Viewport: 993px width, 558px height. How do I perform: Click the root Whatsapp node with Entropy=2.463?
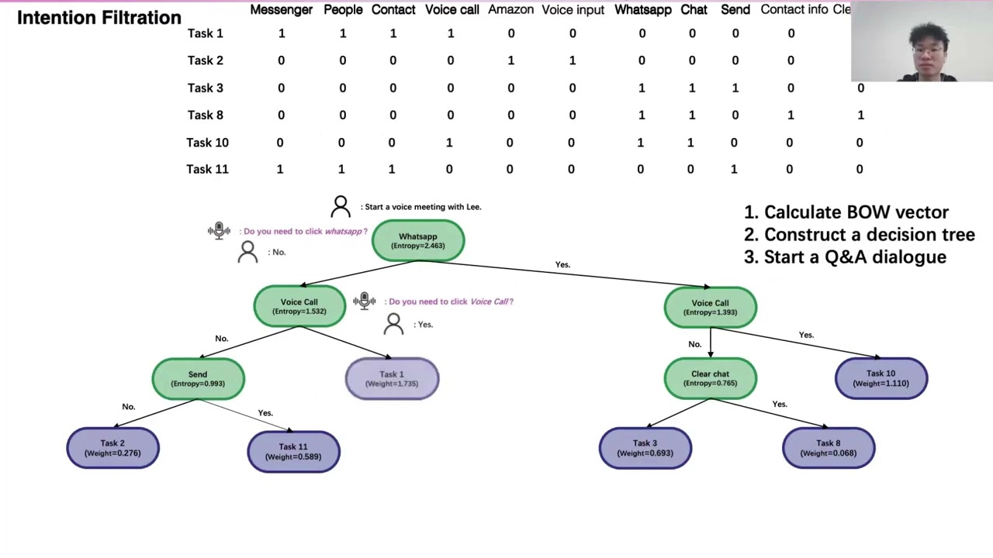pyautogui.click(x=418, y=241)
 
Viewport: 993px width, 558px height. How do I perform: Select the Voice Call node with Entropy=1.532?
pyautogui.click(x=299, y=307)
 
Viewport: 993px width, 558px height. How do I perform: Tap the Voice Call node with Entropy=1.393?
pyautogui.click(x=710, y=308)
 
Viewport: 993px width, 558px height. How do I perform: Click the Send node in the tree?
pyautogui.click(x=198, y=378)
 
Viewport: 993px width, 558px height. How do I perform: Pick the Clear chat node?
pyautogui.click(x=710, y=378)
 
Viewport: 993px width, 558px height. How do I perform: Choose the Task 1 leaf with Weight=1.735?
pyautogui.click(x=392, y=378)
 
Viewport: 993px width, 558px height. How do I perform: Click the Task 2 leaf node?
pyautogui.click(x=112, y=448)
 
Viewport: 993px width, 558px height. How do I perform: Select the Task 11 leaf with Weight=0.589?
pyautogui.click(x=293, y=452)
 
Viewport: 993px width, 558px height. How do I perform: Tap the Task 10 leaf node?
pyautogui.click(x=881, y=378)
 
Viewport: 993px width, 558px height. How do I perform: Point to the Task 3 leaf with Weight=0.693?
pyautogui.click(x=645, y=448)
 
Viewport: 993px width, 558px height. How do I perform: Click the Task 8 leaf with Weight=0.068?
pyautogui.click(x=829, y=448)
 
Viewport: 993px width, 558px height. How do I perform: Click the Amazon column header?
pyautogui.click(x=510, y=9)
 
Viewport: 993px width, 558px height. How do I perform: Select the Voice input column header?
pyautogui.click(x=573, y=9)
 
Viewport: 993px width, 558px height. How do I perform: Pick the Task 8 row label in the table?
pyautogui.click(x=206, y=115)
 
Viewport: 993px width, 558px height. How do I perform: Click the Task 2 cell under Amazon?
pyautogui.click(x=510, y=60)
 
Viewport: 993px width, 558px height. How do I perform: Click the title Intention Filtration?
pyautogui.click(x=99, y=17)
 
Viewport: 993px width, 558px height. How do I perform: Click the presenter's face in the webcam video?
pyautogui.click(x=929, y=51)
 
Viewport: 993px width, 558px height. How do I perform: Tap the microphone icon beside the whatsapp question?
pyautogui.click(x=219, y=231)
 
